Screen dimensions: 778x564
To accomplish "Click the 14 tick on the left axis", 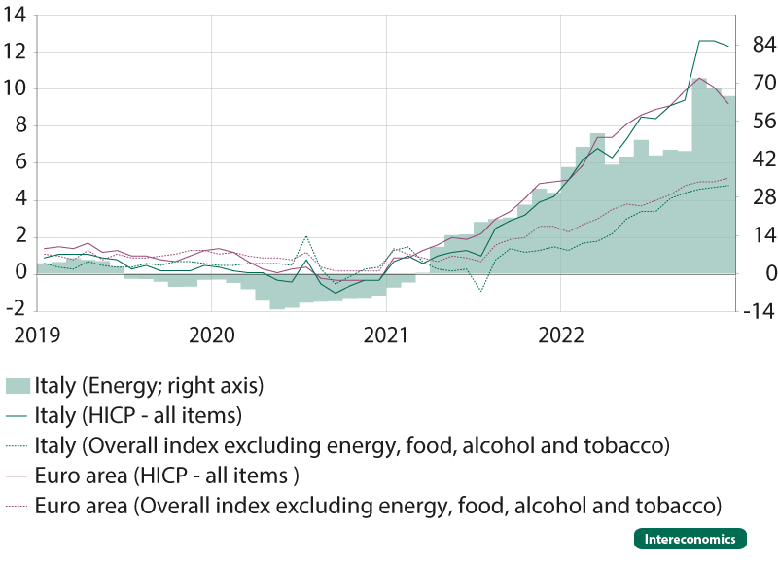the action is [x=15, y=15].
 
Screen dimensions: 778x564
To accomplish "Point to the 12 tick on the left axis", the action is [x=15, y=52].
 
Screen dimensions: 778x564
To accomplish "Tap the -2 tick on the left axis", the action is [x=16, y=309].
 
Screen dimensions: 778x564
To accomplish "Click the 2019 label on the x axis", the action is [x=37, y=335].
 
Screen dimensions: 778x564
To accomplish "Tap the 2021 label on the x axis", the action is [x=386, y=335].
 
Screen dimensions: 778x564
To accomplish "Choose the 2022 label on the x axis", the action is [x=561, y=335].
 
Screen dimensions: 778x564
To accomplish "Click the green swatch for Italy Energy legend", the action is [x=18, y=386].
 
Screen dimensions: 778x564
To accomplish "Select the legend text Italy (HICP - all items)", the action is [x=138, y=415].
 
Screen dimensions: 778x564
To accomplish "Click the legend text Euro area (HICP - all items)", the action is [x=166, y=476].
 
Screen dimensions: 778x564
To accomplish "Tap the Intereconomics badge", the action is [x=690, y=539].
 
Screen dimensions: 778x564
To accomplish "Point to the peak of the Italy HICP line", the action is [x=706, y=41].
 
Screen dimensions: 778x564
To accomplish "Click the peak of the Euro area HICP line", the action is [x=699, y=78].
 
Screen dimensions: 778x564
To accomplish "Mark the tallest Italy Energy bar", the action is [x=699, y=176].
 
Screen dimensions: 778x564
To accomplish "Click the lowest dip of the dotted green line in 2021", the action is [x=480, y=291].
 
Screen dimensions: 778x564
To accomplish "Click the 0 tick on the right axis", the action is [x=771, y=273].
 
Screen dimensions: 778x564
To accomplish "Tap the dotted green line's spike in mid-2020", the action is [x=306, y=236].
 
